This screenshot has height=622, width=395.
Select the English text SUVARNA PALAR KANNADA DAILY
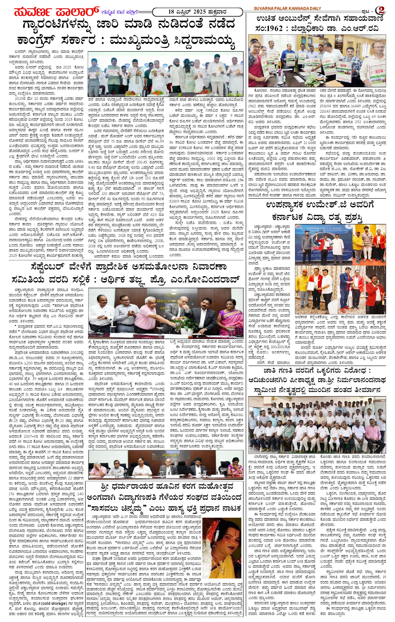tap(287, 9)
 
